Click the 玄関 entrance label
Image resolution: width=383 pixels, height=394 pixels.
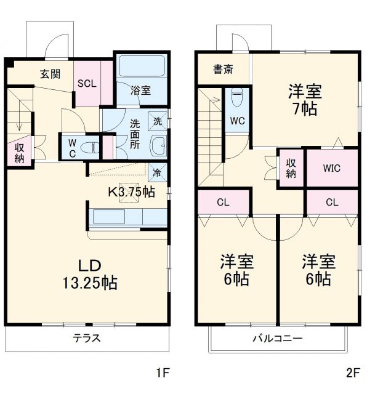(x=50, y=74)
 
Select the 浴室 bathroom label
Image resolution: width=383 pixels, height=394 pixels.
(x=141, y=90)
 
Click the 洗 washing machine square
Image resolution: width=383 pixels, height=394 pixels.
(x=158, y=121)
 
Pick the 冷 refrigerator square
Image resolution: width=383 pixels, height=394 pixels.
(x=157, y=172)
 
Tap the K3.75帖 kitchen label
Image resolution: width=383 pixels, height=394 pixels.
(x=131, y=191)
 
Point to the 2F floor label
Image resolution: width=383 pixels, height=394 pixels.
(x=352, y=372)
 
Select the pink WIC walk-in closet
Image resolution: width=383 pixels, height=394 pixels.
(x=331, y=168)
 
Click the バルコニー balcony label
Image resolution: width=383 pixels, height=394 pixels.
(x=277, y=339)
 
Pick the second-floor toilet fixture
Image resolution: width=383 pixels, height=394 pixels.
(x=238, y=98)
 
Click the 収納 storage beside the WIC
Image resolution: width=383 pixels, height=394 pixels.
(x=291, y=167)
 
